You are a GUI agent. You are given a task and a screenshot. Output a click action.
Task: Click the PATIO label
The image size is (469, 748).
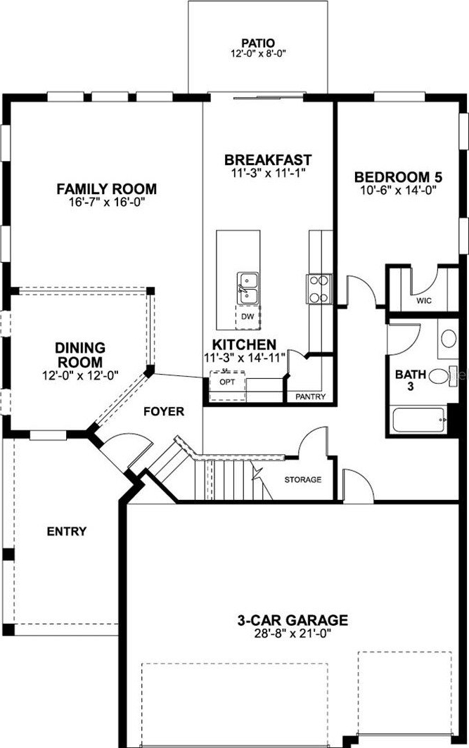pyautogui.click(x=257, y=44)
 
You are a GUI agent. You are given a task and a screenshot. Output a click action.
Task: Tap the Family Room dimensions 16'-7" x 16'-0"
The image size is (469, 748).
pyautogui.click(x=106, y=202)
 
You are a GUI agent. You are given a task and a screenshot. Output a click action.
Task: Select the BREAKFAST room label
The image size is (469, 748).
pyautogui.click(x=268, y=160)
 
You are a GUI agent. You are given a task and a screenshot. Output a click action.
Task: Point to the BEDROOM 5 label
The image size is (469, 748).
pyautogui.click(x=398, y=177)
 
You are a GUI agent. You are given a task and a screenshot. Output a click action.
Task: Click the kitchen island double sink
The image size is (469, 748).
pyautogui.click(x=248, y=288)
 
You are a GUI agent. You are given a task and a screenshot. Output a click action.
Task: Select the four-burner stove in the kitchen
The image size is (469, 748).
pyautogui.click(x=319, y=290)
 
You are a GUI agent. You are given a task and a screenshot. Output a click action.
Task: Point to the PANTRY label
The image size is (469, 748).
pyautogui.click(x=310, y=396)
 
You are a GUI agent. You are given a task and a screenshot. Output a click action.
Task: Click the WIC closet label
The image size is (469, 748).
pyautogui.click(x=424, y=301)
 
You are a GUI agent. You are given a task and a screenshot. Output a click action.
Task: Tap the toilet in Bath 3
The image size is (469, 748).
pyautogui.click(x=442, y=375)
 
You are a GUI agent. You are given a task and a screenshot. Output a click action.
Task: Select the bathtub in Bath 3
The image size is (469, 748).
pyautogui.click(x=418, y=420)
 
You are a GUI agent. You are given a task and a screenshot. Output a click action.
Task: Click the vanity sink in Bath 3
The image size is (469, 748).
pyautogui.click(x=448, y=338)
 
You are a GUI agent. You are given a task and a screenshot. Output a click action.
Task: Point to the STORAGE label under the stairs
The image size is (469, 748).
pyautogui.click(x=303, y=479)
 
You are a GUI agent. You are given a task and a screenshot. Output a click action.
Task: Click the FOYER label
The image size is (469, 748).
pyautogui.click(x=164, y=411)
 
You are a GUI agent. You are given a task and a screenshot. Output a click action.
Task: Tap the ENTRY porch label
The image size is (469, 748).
pyautogui.click(x=67, y=531)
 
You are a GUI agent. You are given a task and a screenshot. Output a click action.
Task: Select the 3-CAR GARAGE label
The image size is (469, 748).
pyautogui.click(x=293, y=620)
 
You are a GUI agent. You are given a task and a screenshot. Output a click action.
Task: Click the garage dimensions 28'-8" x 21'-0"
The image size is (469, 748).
pyautogui.click(x=293, y=633)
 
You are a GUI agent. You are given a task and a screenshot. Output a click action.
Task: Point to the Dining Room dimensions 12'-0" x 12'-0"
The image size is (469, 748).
pyautogui.click(x=80, y=375)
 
